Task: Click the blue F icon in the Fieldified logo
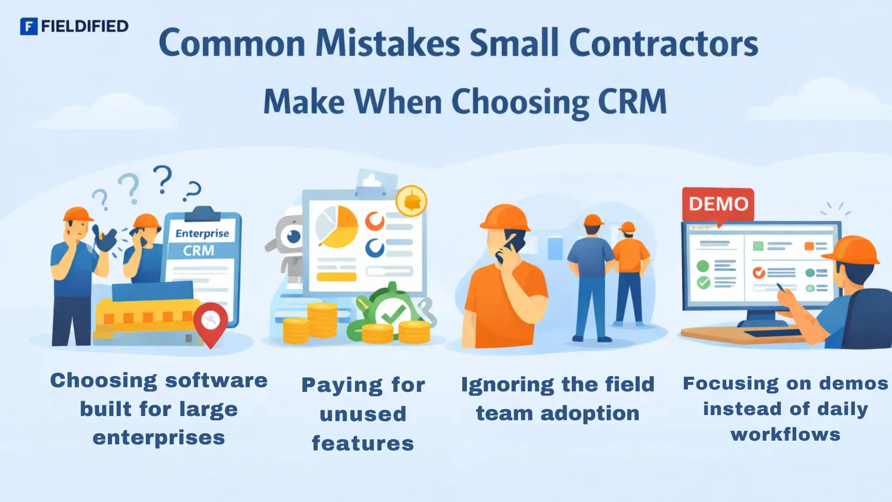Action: click(29, 26)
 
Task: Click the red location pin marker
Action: click(210, 322)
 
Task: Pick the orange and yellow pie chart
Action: click(337, 227)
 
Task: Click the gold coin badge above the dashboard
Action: click(411, 201)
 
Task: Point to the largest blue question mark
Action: click(163, 179)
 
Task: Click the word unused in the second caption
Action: click(363, 414)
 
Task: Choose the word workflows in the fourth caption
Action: click(785, 435)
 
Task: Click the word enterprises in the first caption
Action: click(159, 438)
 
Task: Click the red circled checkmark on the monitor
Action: click(759, 272)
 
